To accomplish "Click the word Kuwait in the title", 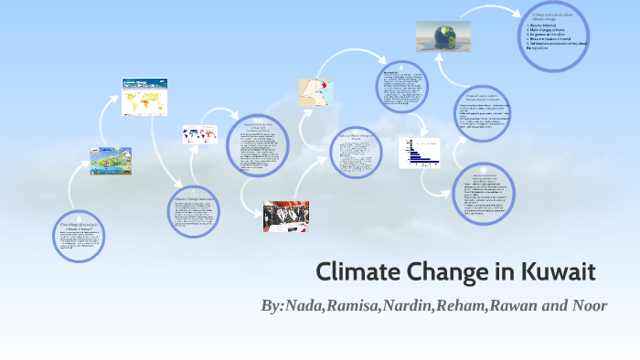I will coord(558,271).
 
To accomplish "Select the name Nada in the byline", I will coord(308,304).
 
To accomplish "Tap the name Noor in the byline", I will coord(587,304).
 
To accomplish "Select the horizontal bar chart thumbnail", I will coord(419,153).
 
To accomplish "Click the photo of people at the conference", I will coord(285,216).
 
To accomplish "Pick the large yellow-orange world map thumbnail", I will coord(147,98).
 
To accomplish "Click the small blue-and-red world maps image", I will coord(198,135).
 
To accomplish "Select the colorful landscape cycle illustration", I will coord(111,161).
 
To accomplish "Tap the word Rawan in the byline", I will coord(515,304).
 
